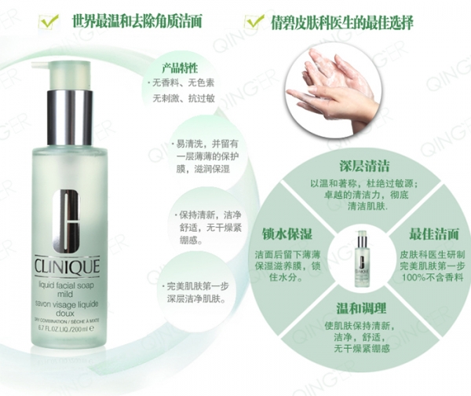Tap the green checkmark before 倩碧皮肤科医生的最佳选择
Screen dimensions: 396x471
tap(254, 21)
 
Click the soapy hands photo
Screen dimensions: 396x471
tap(337, 87)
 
